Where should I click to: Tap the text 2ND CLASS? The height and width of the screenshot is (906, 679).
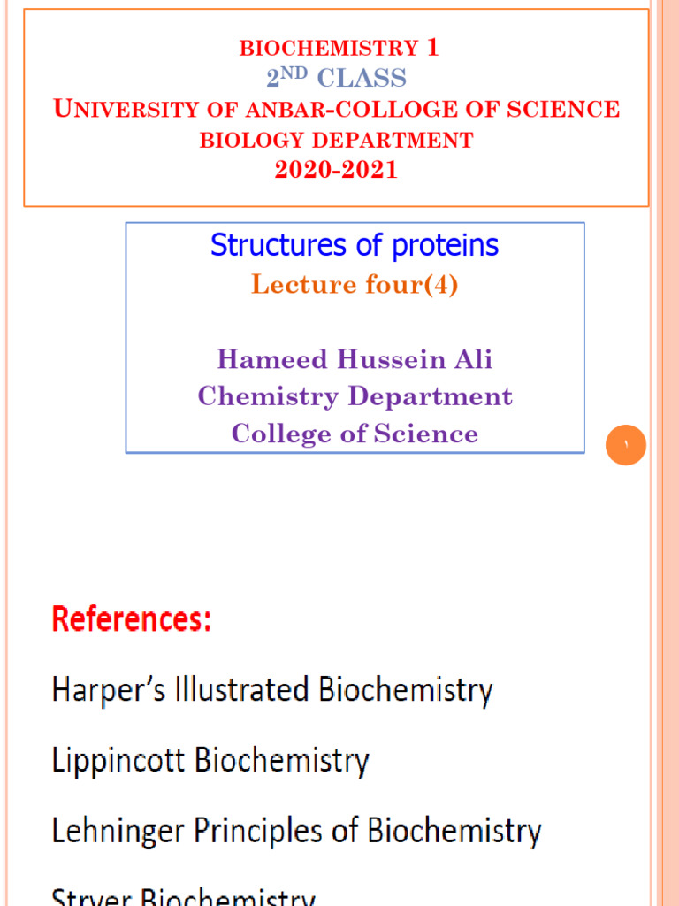point(336,79)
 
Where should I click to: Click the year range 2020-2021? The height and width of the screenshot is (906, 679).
point(336,170)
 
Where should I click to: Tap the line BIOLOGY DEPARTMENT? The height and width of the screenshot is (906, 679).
point(336,140)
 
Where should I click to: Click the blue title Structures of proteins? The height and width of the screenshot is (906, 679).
point(355,245)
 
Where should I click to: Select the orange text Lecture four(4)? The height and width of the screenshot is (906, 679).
point(355,285)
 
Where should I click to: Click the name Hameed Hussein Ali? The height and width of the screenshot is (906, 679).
point(355,359)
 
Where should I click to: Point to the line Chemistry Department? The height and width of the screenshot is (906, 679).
point(355,395)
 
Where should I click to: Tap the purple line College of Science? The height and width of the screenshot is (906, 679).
point(355,434)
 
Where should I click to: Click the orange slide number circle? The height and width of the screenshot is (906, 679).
point(625,446)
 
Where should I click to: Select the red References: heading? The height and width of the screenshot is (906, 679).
point(132,619)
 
